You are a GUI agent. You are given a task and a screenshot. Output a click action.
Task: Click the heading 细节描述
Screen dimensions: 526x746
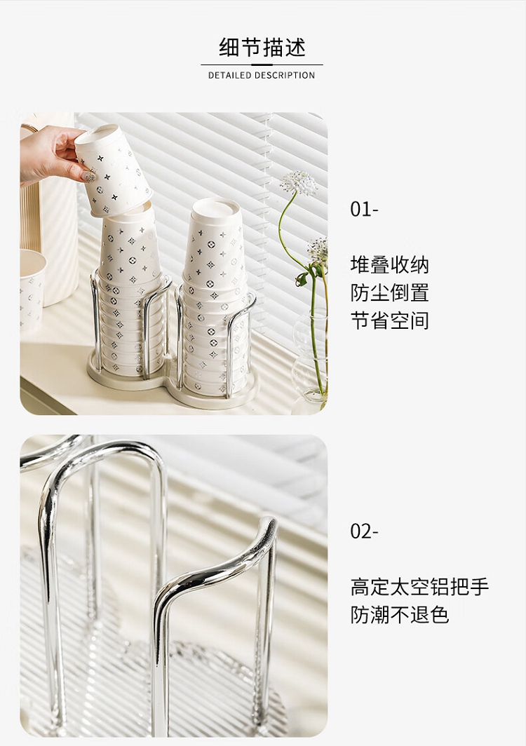tap(262, 47)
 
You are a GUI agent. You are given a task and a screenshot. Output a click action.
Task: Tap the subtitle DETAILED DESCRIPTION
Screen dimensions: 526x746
tap(262, 75)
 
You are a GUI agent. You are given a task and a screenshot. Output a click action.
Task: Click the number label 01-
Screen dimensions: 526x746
tap(364, 210)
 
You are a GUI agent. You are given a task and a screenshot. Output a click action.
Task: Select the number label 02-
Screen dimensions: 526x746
tap(364, 531)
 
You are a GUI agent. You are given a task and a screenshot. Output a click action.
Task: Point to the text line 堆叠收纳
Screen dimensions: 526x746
tap(389, 264)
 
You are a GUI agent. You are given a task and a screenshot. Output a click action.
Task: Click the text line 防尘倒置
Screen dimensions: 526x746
tap(389, 292)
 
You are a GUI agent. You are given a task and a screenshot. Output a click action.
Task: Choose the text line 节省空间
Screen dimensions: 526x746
tap(389, 320)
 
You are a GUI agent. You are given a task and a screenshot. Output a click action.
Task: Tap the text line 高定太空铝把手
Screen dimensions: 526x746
tap(419, 587)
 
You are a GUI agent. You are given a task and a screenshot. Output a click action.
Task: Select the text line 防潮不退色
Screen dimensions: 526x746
tap(399, 615)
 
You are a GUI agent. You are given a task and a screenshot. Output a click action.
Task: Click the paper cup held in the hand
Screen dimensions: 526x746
tap(114, 169)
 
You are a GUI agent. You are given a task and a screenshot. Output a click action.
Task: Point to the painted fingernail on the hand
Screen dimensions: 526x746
tap(88, 177)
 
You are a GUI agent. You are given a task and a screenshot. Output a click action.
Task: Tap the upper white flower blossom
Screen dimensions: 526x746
tap(299, 183)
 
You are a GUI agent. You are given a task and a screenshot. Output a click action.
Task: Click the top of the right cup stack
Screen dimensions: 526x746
tap(216, 208)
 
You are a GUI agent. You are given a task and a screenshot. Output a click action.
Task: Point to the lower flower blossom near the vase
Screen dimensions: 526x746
tap(318, 250)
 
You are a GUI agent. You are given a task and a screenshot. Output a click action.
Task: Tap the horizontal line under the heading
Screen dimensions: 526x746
tap(262, 65)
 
